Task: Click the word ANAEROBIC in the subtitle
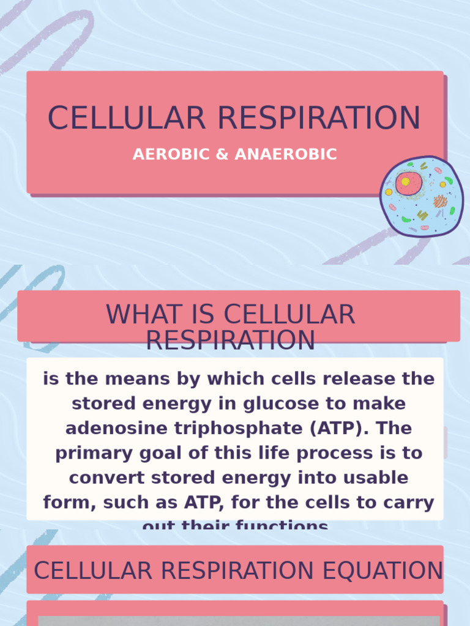286,154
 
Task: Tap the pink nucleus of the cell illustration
409,183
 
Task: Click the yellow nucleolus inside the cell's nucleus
405,182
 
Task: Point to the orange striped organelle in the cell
440,201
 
